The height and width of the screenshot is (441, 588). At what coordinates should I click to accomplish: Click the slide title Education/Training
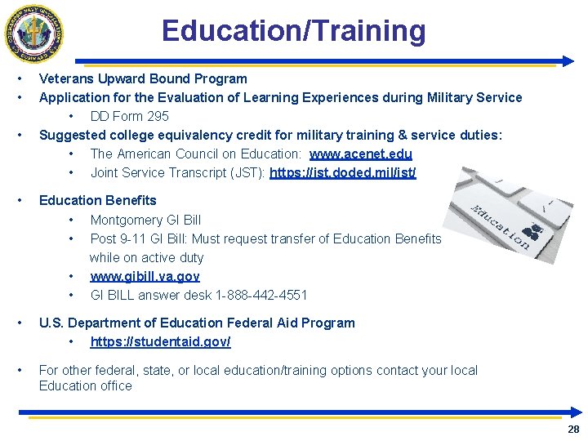(293, 31)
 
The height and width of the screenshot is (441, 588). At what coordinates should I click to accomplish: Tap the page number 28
(572, 429)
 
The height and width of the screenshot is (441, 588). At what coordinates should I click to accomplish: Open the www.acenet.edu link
(360, 154)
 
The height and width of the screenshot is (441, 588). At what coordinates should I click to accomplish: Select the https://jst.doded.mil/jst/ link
(342, 172)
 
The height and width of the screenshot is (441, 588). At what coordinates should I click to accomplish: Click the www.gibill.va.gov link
(145, 276)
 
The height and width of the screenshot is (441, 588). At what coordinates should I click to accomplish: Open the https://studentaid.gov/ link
(160, 341)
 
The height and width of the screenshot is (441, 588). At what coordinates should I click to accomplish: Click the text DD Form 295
(129, 116)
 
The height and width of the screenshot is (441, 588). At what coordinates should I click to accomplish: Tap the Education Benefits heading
(97, 200)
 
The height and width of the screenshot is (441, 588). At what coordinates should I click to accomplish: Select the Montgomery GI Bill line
(145, 220)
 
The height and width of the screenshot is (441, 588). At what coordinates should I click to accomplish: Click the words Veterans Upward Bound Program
(143, 79)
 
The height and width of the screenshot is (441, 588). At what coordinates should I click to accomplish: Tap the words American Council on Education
(207, 154)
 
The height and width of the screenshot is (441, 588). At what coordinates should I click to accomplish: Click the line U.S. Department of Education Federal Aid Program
(197, 323)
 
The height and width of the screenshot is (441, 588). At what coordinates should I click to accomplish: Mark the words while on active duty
(146, 257)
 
